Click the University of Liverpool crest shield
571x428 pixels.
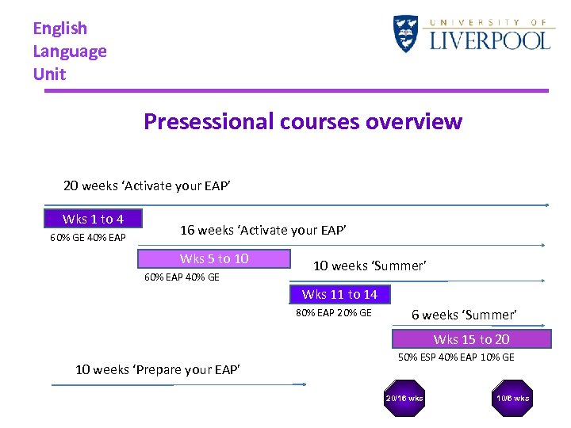coord(405,33)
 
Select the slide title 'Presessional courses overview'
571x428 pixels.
coord(302,121)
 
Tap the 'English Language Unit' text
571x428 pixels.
coord(69,51)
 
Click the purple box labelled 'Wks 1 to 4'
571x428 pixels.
coord(93,219)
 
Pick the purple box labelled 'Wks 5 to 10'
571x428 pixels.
coord(214,259)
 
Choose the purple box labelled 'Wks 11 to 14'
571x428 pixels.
coord(339,295)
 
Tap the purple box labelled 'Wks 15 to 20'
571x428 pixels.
coord(471,339)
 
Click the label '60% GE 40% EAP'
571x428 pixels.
coord(88,237)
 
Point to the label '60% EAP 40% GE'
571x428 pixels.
coord(182,277)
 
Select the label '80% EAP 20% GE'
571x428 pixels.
coord(333,313)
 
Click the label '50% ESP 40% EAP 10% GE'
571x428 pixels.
coord(455,357)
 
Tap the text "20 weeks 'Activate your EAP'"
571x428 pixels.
coord(147,186)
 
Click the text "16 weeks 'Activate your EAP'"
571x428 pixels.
coord(263,230)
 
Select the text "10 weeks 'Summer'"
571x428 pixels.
coord(370,266)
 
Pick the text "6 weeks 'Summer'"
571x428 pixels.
coord(464,315)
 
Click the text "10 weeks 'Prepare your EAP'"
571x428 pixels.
coord(158,369)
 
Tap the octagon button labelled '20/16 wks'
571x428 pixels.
coord(404,398)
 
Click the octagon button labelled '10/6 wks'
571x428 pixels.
coord(512,398)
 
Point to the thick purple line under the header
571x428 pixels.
coord(296,90)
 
